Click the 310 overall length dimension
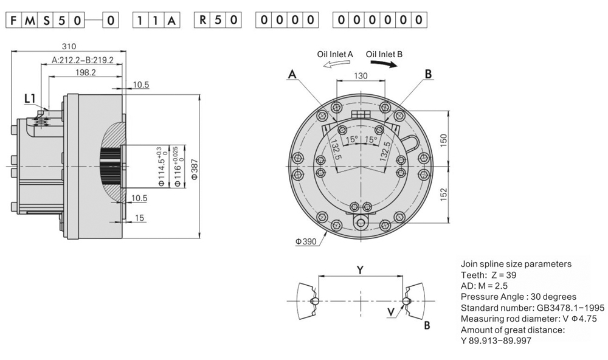[69, 46]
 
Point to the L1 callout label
[30, 98]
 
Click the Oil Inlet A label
[335, 54]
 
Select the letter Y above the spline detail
[360, 270]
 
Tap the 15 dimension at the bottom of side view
[139, 218]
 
